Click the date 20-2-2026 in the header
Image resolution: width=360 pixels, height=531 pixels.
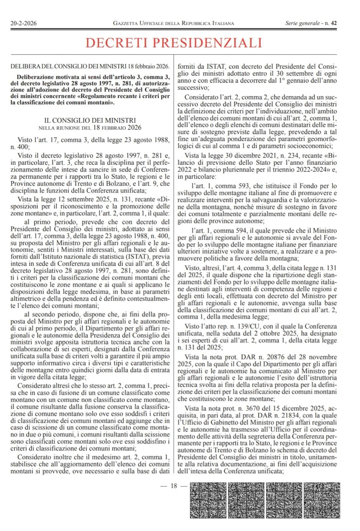point(23,23)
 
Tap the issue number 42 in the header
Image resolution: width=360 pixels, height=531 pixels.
point(334,23)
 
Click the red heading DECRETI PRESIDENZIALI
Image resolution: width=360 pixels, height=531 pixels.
point(174,43)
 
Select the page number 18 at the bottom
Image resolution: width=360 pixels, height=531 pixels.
point(174,486)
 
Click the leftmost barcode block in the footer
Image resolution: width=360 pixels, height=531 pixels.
point(208,500)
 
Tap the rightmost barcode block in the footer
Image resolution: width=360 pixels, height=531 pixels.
point(322,500)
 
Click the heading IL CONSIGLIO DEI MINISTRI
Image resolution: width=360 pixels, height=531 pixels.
point(90,120)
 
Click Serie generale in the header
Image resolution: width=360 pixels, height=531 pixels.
point(302,23)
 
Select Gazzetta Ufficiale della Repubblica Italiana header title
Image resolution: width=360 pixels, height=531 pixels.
point(173,23)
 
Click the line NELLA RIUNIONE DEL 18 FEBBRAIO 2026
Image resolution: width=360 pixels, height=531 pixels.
point(90,128)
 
